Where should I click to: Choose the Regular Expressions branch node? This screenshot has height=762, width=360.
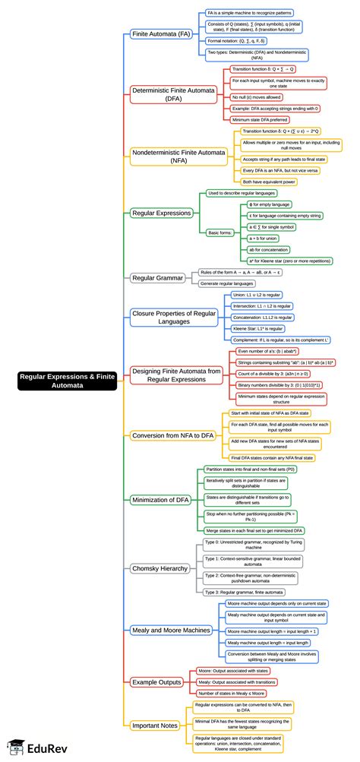161,213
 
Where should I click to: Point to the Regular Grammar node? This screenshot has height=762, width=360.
159,277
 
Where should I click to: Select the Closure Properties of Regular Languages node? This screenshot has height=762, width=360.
174,317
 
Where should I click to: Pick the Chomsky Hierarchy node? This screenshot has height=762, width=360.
160,568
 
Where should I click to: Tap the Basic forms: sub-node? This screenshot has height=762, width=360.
220,232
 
